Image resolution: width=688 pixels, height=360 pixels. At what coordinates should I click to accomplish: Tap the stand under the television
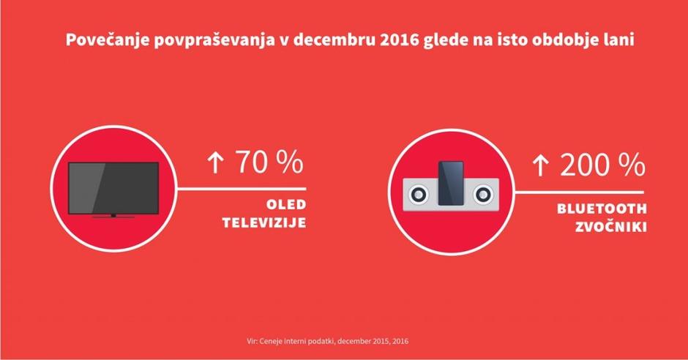(113, 217)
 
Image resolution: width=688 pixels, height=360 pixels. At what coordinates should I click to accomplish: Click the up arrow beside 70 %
(214, 164)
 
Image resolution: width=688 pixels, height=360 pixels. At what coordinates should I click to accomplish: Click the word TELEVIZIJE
(263, 222)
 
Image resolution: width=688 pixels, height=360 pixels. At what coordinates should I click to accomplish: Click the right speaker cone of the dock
(483, 194)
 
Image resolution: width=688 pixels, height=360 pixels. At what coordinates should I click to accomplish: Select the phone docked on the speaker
(451, 180)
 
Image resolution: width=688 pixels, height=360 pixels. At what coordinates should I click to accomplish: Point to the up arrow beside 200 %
(540, 166)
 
